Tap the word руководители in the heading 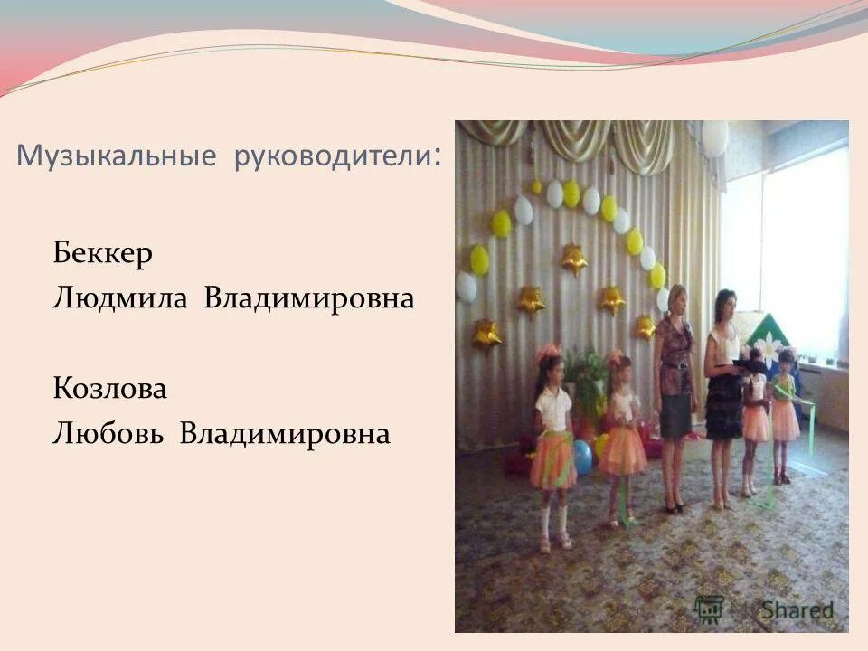point(331,157)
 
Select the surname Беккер point(101,253)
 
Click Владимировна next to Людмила point(309,298)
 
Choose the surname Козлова point(109,390)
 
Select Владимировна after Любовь point(285,435)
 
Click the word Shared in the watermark point(796,609)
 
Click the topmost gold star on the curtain point(573,260)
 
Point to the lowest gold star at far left point(486,335)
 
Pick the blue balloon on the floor point(582,458)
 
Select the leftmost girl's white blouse point(552,409)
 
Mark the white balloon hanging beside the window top point(714,137)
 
